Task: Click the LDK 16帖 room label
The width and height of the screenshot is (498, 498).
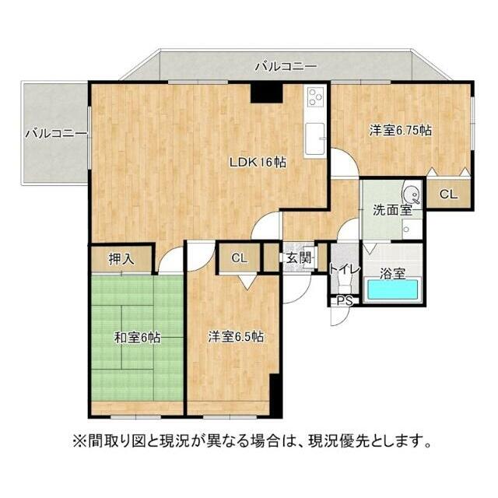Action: (x=257, y=163)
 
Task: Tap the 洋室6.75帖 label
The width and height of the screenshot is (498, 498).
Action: (x=400, y=132)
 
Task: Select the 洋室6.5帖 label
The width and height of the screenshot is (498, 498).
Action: (x=235, y=337)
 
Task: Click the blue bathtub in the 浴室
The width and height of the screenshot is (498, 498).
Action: (x=393, y=289)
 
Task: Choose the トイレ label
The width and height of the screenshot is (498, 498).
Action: (x=343, y=270)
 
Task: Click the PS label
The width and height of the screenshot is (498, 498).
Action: (x=343, y=300)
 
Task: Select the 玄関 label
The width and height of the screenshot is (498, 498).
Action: (x=296, y=257)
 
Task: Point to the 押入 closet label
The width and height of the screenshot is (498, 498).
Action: (x=121, y=258)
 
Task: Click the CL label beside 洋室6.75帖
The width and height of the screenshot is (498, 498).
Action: (x=448, y=195)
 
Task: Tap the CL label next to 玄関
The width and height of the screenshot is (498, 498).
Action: (x=239, y=258)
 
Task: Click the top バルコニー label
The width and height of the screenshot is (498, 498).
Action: (x=286, y=67)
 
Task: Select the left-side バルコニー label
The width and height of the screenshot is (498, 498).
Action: (x=54, y=134)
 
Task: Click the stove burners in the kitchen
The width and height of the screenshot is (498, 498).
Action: (x=315, y=97)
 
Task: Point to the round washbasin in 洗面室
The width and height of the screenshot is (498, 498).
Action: (x=409, y=195)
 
